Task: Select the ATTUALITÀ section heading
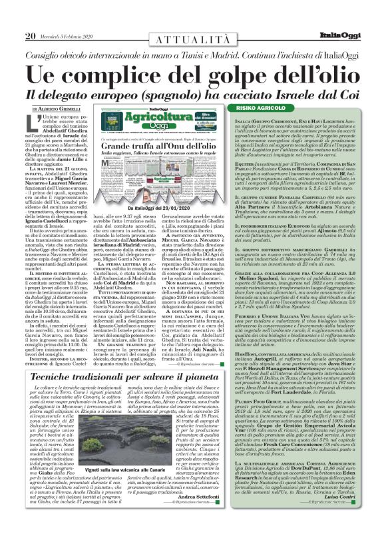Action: point(192,22)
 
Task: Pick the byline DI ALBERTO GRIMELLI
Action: point(50,109)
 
